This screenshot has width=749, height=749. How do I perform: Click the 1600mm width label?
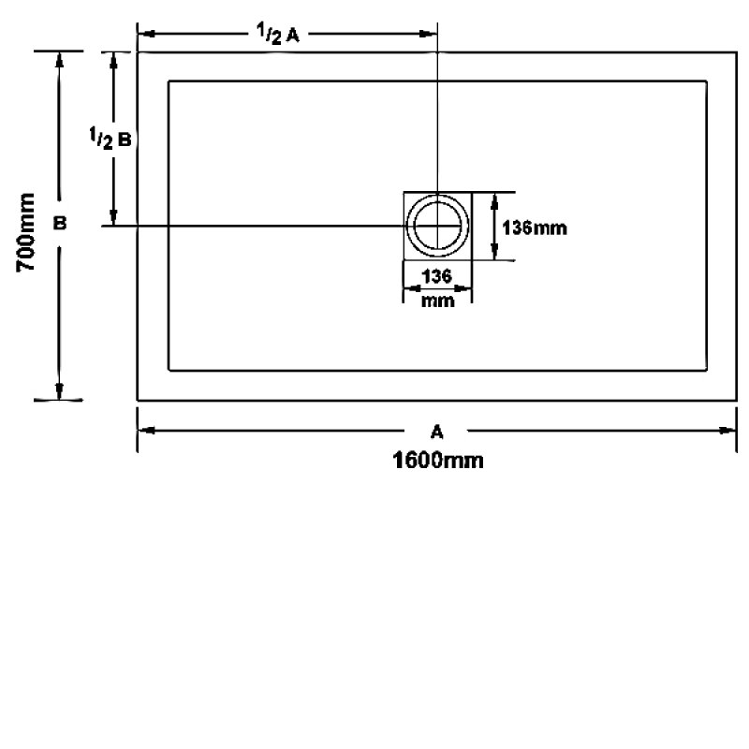[437, 461]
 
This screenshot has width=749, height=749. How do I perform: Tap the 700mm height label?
[26, 232]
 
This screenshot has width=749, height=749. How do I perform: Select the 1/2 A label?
[277, 34]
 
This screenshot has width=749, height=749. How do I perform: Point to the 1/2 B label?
[110, 139]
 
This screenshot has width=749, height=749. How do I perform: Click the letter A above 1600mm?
[436, 433]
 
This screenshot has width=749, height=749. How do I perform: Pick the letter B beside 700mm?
[60, 223]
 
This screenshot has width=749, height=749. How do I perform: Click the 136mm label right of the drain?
[535, 228]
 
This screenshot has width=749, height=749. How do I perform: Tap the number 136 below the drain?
[436, 276]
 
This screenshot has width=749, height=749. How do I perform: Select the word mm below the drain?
[437, 301]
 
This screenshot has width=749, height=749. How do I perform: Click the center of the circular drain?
[437, 226]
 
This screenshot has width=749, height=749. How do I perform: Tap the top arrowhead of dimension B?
[59, 60]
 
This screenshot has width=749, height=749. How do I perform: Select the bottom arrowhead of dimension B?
[59, 391]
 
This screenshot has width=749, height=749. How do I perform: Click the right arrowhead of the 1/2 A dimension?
[428, 34]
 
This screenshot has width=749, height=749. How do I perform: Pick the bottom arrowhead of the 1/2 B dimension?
[113, 217]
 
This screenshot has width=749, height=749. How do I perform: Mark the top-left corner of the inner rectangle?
[169, 81]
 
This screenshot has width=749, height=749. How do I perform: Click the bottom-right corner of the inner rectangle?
[707, 370]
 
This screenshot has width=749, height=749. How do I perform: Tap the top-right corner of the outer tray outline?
[736, 52]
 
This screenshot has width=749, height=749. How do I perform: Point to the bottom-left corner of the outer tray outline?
[138, 400]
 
